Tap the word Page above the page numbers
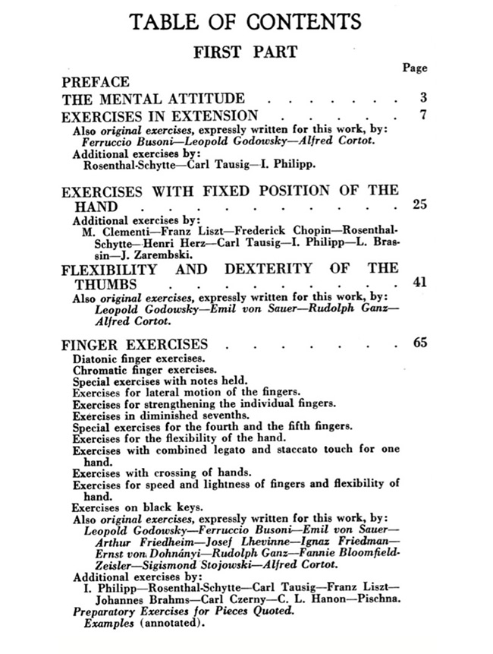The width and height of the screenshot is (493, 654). click(x=415, y=68)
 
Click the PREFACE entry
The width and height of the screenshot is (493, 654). click(x=96, y=82)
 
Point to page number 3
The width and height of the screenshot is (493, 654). click(x=422, y=98)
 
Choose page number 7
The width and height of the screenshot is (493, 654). click(x=422, y=115)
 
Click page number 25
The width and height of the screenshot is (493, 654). click(x=420, y=204)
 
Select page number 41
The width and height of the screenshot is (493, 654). click(x=420, y=282)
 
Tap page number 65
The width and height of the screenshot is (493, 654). click(x=420, y=342)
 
